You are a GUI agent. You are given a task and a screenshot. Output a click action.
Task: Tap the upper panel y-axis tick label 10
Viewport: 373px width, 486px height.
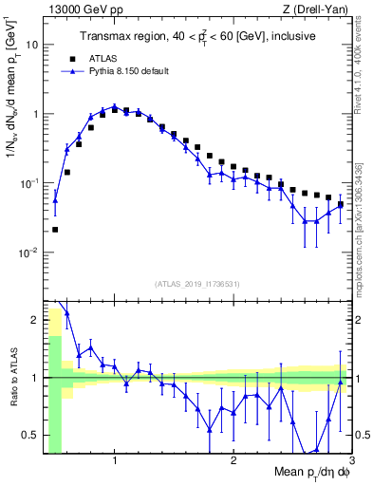tap(32, 45)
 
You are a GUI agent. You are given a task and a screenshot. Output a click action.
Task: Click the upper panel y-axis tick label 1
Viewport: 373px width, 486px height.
tap(36, 114)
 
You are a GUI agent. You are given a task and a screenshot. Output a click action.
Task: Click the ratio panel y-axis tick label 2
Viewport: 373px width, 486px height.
tap(36, 320)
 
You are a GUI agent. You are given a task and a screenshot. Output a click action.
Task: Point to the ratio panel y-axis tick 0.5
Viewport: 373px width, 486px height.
tap(32, 436)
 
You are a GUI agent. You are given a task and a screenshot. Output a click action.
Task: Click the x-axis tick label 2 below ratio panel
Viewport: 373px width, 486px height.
tap(233, 461)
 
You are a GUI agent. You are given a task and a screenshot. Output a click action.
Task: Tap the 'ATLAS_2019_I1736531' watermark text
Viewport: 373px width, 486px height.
tap(197, 284)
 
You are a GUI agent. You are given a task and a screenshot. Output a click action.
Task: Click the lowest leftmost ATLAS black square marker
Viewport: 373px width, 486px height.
tap(55, 229)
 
